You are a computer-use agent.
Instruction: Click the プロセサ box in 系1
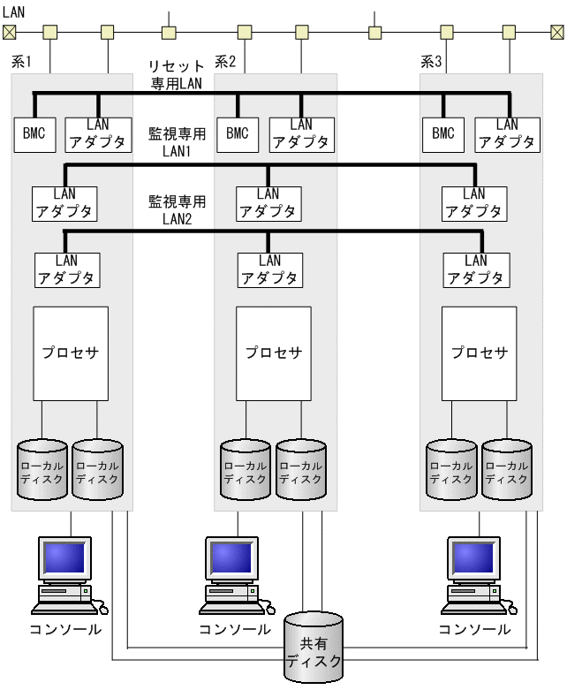click(x=71, y=353)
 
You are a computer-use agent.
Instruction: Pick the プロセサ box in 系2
click(x=274, y=353)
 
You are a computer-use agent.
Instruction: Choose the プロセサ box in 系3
click(x=480, y=353)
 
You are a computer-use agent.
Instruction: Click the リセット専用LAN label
click(x=178, y=75)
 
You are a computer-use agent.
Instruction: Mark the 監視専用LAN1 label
click(x=178, y=142)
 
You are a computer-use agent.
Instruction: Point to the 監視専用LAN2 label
click(x=178, y=209)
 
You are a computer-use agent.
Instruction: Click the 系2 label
click(x=226, y=62)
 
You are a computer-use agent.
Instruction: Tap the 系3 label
click(x=431, y=62)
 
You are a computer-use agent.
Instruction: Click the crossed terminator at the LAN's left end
click(x=10, y=33)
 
